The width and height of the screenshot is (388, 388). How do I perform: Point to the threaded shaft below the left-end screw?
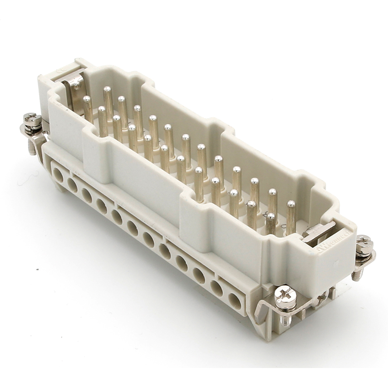[x=32, y=145]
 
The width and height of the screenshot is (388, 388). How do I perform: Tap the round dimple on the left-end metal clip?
[x=77, y=83]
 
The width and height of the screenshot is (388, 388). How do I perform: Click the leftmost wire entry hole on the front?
[x=58, y=174]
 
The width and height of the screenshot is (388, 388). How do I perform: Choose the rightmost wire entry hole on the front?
[x=235, y=301]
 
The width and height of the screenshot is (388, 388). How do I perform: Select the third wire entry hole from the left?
[x=87, y=195]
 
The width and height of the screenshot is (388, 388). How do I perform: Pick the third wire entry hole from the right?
[x=198, y=275]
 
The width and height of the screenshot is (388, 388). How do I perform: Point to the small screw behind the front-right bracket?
[x=323, y=298]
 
